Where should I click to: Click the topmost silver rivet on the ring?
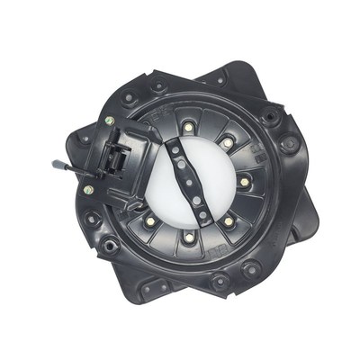click(x=188, y=128)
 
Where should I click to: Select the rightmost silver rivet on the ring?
click(x=244, y=182)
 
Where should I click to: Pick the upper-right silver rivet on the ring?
click(x=228, y=143)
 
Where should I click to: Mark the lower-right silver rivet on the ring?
click(x=228, y=221)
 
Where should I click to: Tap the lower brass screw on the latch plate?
click(x=88, y=190)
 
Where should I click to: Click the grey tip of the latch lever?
click(x=57, y=165)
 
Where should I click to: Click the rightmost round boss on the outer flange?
click(x=290, y=144)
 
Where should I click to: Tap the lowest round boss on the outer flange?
click(x=219, y=284)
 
